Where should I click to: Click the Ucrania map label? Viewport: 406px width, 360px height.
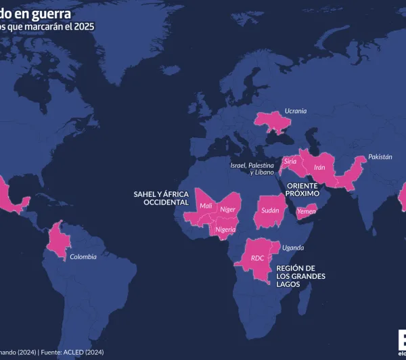(295, 110)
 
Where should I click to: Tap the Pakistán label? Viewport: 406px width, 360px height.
(380, 156)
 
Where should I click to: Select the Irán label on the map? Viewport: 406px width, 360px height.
(320, 167)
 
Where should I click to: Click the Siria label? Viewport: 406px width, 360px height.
(290, 162)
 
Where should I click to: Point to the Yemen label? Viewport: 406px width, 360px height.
(307, 211)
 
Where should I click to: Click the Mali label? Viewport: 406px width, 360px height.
(206, 206)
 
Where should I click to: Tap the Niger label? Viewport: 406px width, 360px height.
(227, 209)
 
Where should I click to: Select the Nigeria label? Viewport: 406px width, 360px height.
(225, 229)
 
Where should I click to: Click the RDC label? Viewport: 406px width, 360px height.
(257, 258)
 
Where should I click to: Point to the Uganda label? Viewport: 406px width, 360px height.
(293, 248)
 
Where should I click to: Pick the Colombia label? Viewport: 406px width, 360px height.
(83, 256)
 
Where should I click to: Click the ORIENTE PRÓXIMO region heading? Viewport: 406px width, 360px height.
(302, 189)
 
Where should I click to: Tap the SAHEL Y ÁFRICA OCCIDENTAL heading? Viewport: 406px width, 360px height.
(161, 198)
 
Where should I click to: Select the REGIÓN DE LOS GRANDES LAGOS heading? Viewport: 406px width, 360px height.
(300, 276)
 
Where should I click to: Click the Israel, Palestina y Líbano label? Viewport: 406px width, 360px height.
(252, 168)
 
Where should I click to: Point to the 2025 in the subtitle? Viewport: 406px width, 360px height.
(84, 27)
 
